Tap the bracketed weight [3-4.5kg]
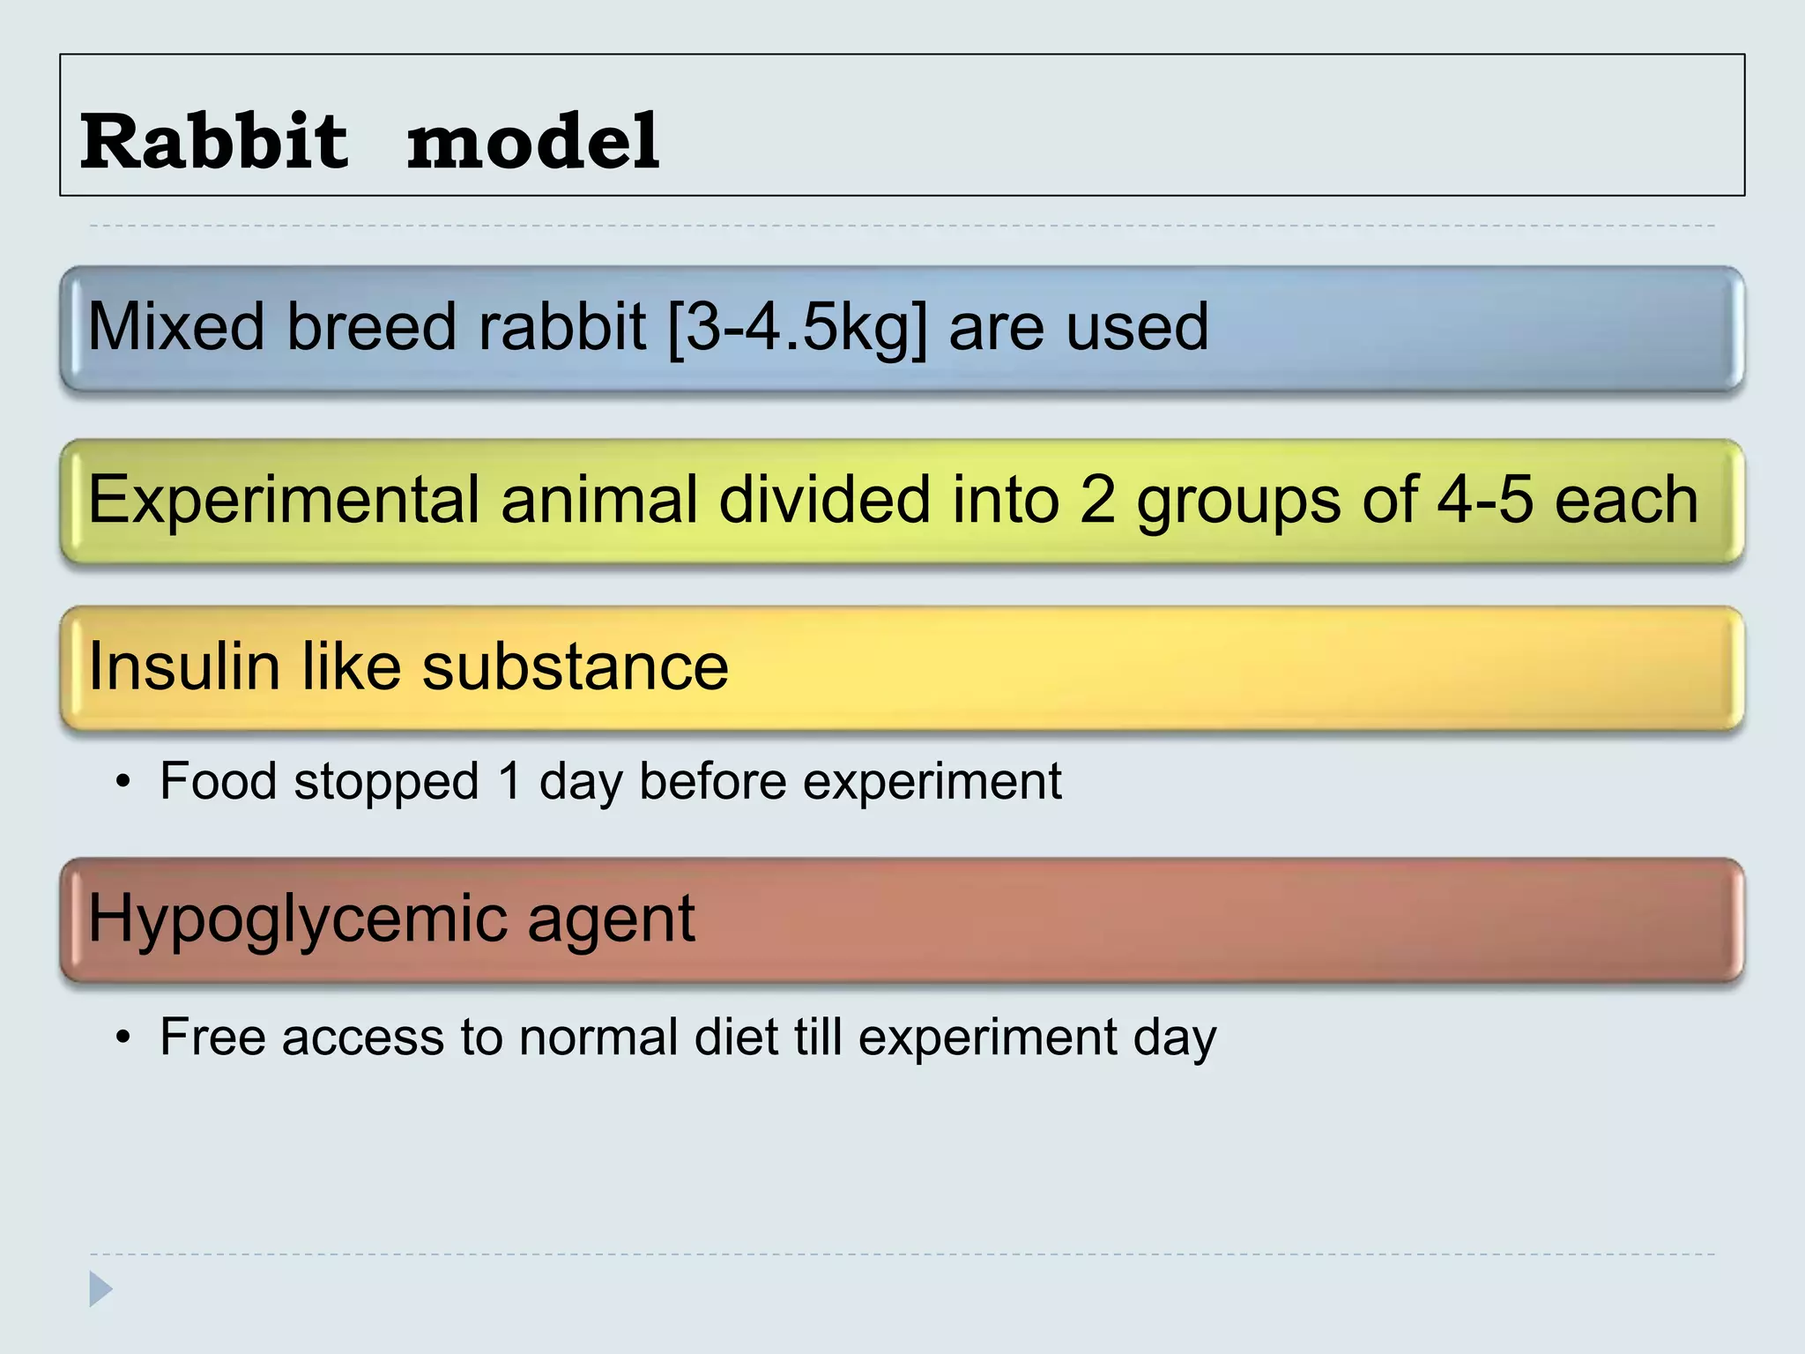coord(799,328)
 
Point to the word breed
coord(370,326)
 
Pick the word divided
coord(824,499)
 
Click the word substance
coord(576,666)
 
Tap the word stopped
coord(386,783)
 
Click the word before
coord(712,781)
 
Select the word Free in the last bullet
coord(212,1037)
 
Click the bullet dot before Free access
coord(124,1038)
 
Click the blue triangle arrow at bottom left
coord(100,1290)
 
